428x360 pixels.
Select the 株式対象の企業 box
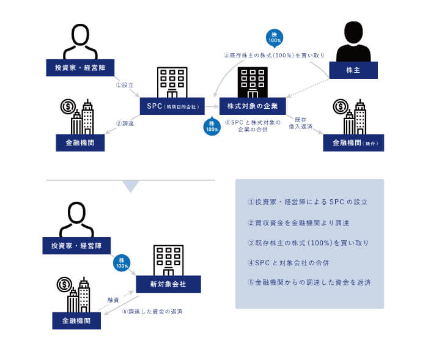coord(253,106)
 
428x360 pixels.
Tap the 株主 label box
coord(353,70)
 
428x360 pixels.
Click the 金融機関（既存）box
coord(353,142)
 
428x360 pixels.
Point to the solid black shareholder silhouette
coord(353,41)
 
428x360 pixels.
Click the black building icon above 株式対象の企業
coord(253,82)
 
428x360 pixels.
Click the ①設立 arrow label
coord(125,86)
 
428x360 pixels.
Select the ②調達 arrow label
coord(125,124)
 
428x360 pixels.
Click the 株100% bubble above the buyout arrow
coord(275,38)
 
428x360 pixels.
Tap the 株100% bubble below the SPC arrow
coord(212,127)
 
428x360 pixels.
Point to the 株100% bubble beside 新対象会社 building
coord(122,263)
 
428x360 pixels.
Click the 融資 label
coord(113,300)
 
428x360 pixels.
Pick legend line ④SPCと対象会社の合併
coord(289,263)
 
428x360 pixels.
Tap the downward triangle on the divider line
coord(130,186)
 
